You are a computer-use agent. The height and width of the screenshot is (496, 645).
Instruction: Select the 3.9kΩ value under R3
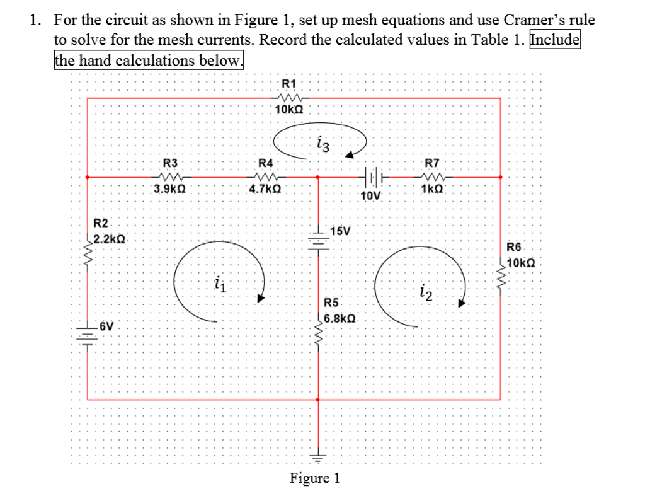tap(169, 188)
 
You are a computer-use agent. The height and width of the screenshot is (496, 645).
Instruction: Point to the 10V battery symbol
tap(372, 177)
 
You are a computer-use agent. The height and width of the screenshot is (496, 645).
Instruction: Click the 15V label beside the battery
tap(340, 231)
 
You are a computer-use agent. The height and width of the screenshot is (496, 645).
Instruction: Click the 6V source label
tap(107, 326)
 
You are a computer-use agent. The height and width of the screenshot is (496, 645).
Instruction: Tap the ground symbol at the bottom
tap(319, 458)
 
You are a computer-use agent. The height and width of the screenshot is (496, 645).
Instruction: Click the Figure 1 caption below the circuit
tap(314, 478)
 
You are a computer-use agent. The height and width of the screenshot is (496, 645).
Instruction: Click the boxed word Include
tap(555, 40)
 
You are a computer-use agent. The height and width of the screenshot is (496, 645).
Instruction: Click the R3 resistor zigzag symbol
tap(170, 177)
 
